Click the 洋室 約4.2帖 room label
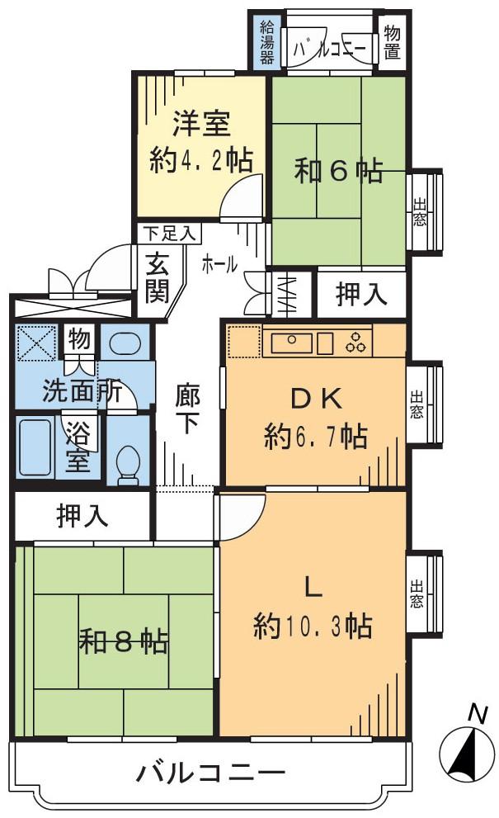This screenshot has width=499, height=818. pyautogui.click(x=200, y=142)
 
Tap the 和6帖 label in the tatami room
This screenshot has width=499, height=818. pyautogui.click(x=339, y=171)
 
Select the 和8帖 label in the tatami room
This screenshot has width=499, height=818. pyautogui.click(x=124, y=640)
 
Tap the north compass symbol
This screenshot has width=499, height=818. pyautogui.click(x=466, y=749)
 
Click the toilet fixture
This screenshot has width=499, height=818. pyautogui.click(x=128, y=467)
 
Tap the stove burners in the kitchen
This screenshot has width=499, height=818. pyautogui.click(x=357, y=342)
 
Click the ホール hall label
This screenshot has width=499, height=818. pyautogui.click(x=220, y=264)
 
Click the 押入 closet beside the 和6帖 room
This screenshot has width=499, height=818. pyautogui.click(x=361, y=296)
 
